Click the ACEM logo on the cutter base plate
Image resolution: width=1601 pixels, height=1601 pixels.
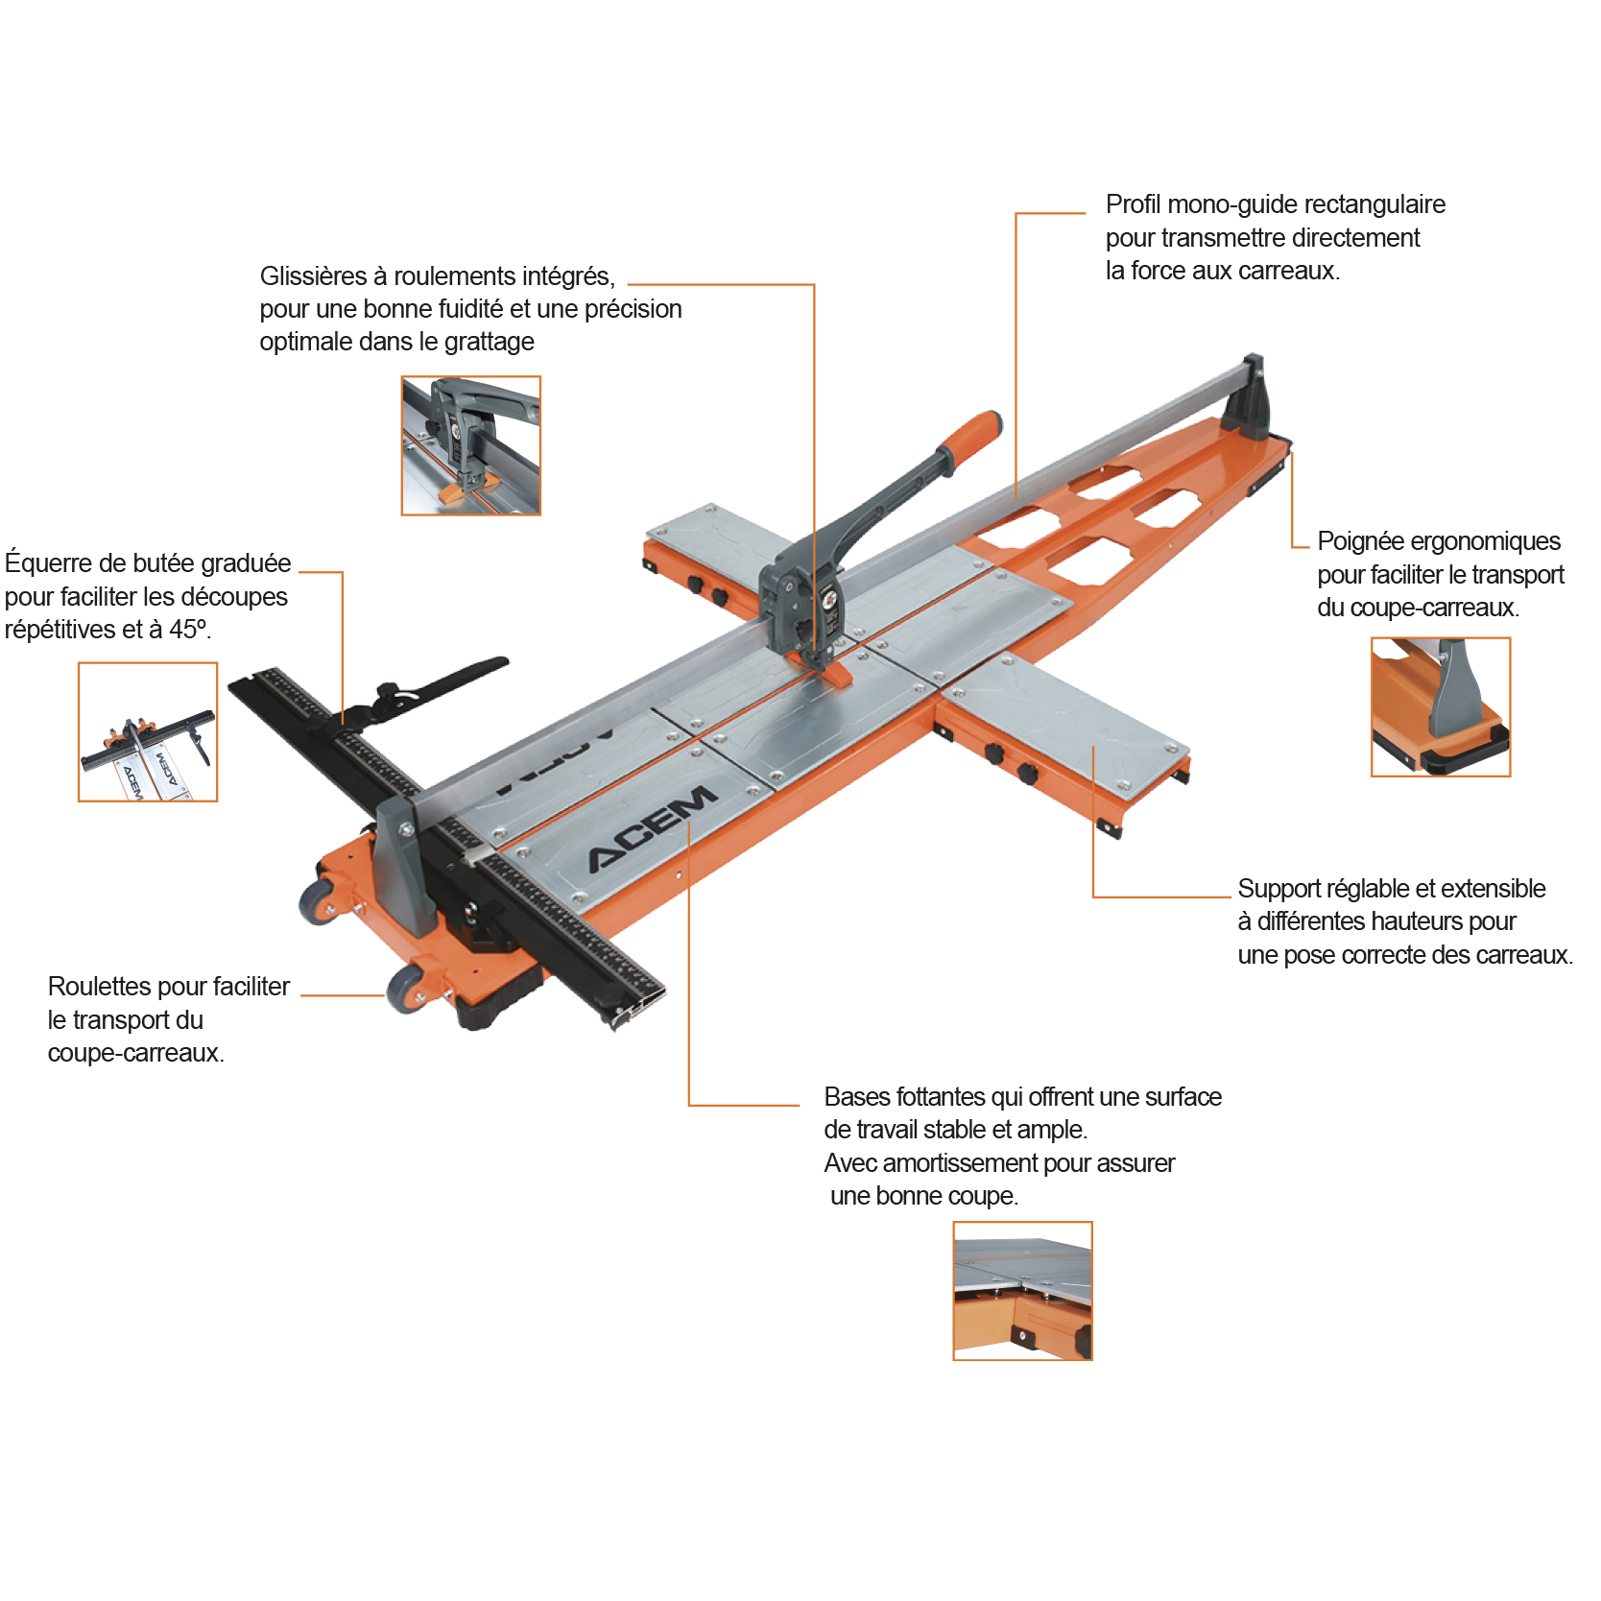pos(653,828)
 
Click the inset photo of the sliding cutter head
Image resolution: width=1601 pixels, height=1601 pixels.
pos(470,445)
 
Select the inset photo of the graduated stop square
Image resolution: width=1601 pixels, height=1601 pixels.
pos(148,731)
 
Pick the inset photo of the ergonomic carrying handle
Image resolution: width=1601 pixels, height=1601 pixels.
pos(1441,706)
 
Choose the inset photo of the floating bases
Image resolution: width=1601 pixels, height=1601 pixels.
pos(1022,1291)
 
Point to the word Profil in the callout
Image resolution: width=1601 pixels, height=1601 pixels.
pos(1134,204)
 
